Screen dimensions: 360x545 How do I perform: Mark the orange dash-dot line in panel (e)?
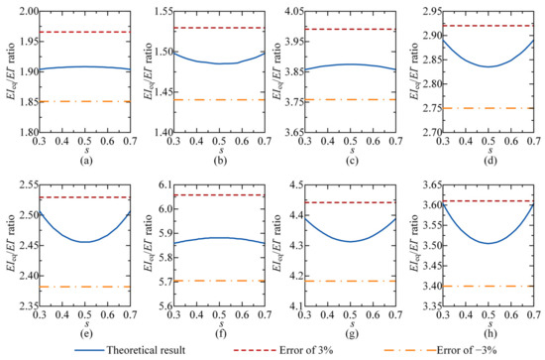point(90,287)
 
